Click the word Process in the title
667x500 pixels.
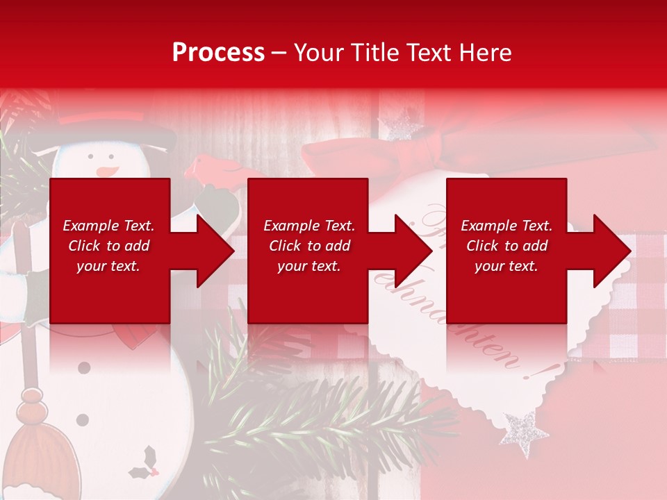(218, 52)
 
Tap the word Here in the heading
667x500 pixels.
(484, 52)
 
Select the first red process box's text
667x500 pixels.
(108, 246)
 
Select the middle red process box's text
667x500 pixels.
(309, 246)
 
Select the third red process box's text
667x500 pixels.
(507, 246)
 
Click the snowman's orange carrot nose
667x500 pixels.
(105, 170)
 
